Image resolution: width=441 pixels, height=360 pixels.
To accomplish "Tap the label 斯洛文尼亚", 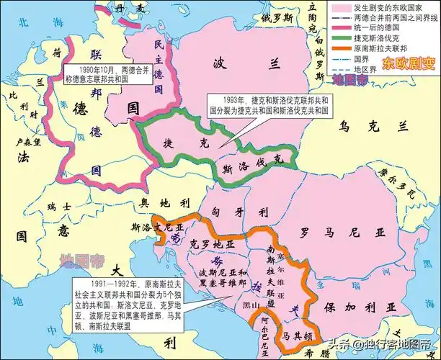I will click(155, 228).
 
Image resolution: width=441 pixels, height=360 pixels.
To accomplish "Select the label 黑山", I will click(250, 306).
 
